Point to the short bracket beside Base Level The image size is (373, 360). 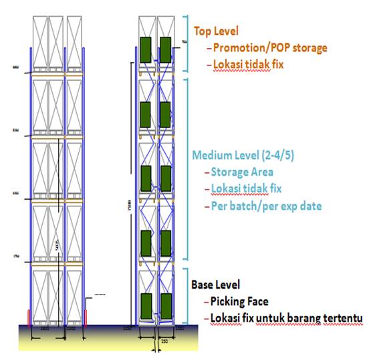[185, 295]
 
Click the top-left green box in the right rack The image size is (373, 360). [145, 48]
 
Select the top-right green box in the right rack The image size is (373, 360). [165, 48]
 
